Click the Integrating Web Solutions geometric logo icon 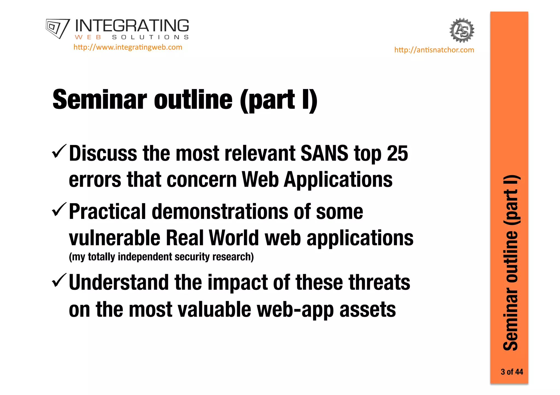click(57, 28)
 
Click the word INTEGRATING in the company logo click(132, 26)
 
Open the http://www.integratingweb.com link click(128, 47)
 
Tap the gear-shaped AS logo click(462, 30)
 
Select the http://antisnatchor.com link click(434, 50)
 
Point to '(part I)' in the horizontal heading click(279, 100)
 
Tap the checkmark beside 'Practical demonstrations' click(59, 209)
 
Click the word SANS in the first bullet click(324, 153)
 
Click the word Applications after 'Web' click(338, 180)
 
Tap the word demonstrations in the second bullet click(220, 212)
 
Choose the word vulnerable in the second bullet click(114, 238)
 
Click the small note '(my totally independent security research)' click(161, 257)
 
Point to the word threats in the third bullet click(379, 283)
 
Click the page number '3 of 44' click(512, 372)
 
